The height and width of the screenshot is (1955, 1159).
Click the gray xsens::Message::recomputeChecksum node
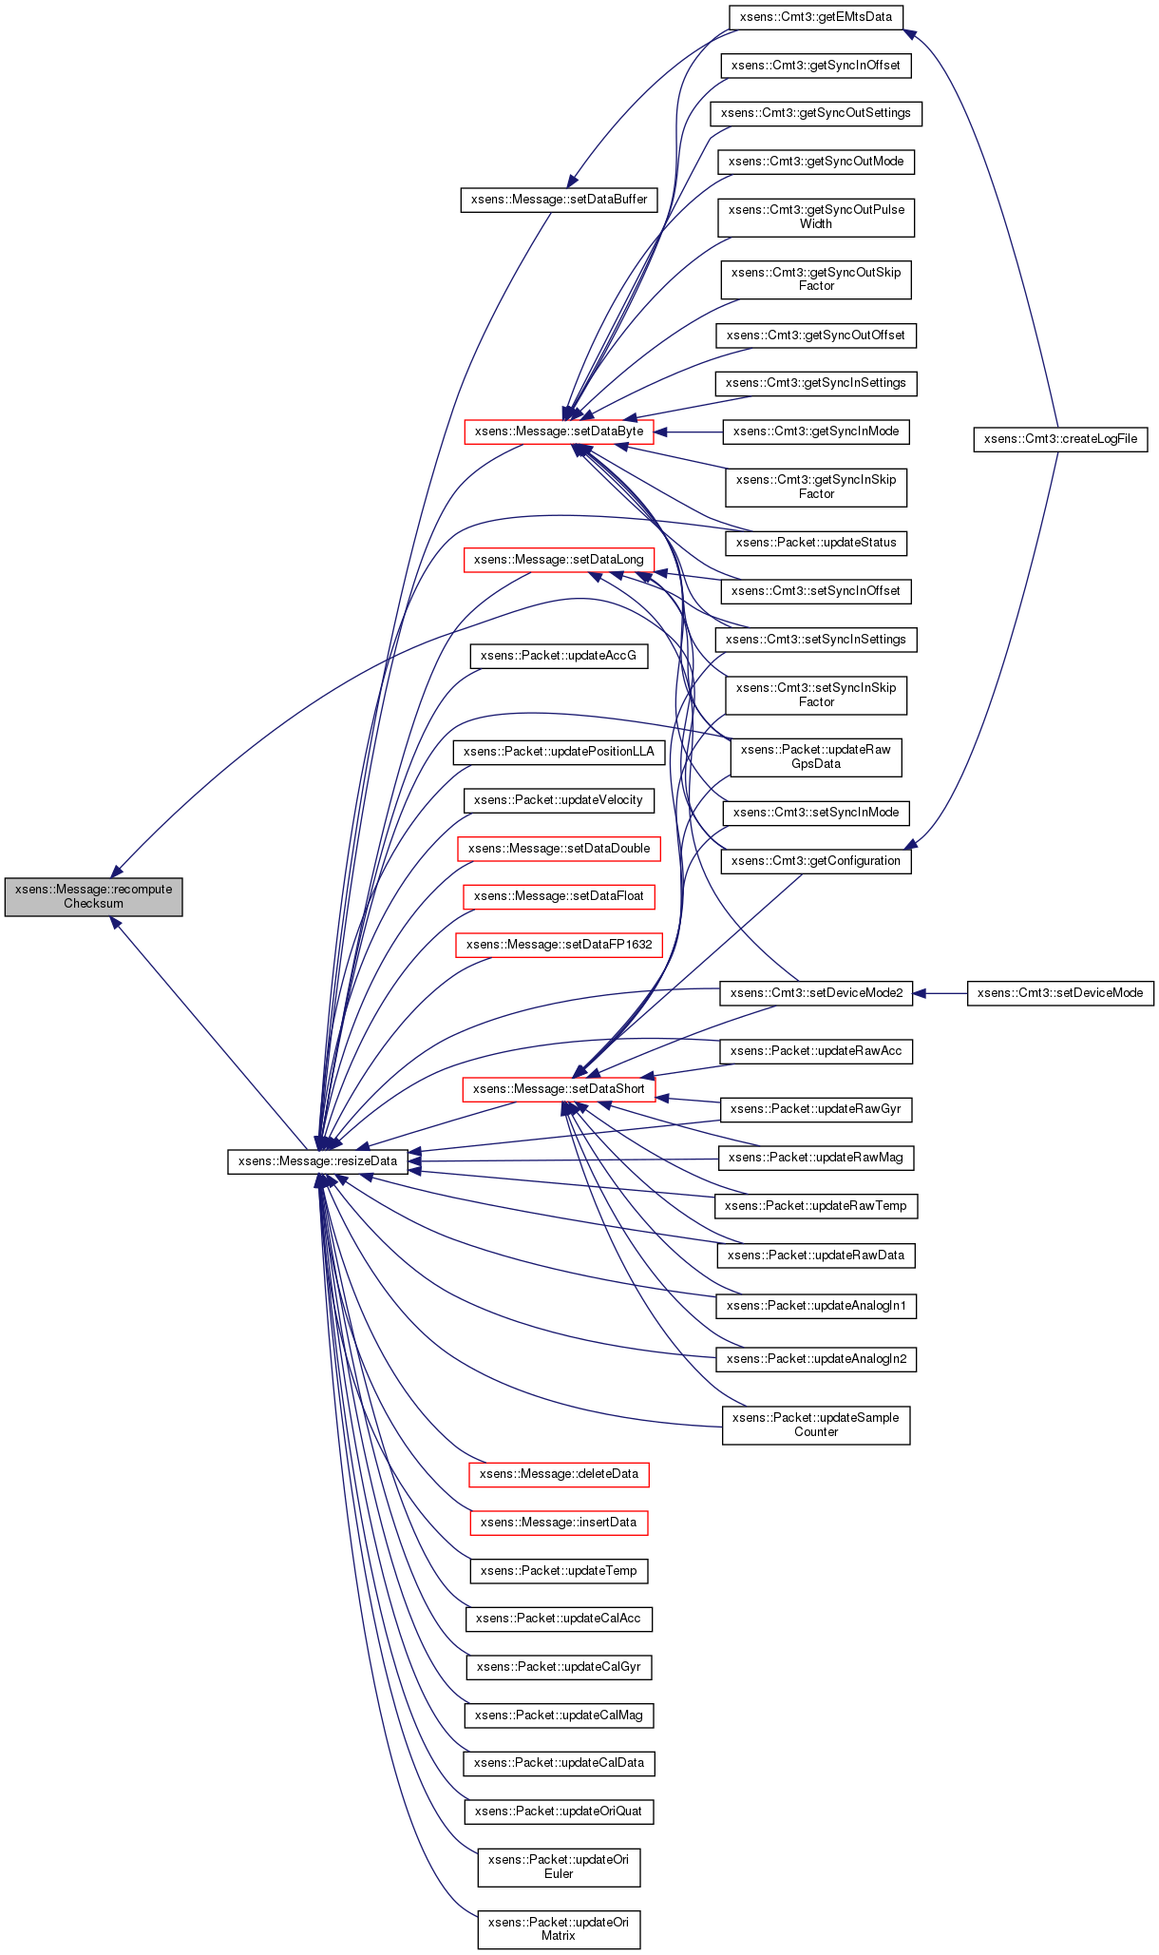[93, 897]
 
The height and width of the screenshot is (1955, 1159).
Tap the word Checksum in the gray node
[93, 904]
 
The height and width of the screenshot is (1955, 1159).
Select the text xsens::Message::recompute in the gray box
[93, 890]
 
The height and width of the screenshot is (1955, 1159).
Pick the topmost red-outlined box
[559, 431]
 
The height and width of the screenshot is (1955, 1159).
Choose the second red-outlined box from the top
[559, 561]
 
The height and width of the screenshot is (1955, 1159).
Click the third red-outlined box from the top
[559, 849]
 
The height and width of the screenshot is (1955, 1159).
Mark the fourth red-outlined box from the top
[559, 897]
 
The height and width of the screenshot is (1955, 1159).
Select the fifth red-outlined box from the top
[559, 945]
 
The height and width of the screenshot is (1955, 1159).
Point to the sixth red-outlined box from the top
[559, 1089]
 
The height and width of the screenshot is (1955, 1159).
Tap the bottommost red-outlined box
[559, 1523]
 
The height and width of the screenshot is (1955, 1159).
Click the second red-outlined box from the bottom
[559, 1475]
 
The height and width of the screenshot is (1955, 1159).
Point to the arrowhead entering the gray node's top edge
[116, 871]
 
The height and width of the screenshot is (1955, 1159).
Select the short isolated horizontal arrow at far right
[939, 993]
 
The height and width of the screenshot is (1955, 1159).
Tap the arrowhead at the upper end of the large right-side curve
[909, 34]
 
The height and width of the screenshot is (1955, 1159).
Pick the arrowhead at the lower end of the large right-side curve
[910, 844]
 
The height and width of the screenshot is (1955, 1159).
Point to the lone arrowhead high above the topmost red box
[572, 181]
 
